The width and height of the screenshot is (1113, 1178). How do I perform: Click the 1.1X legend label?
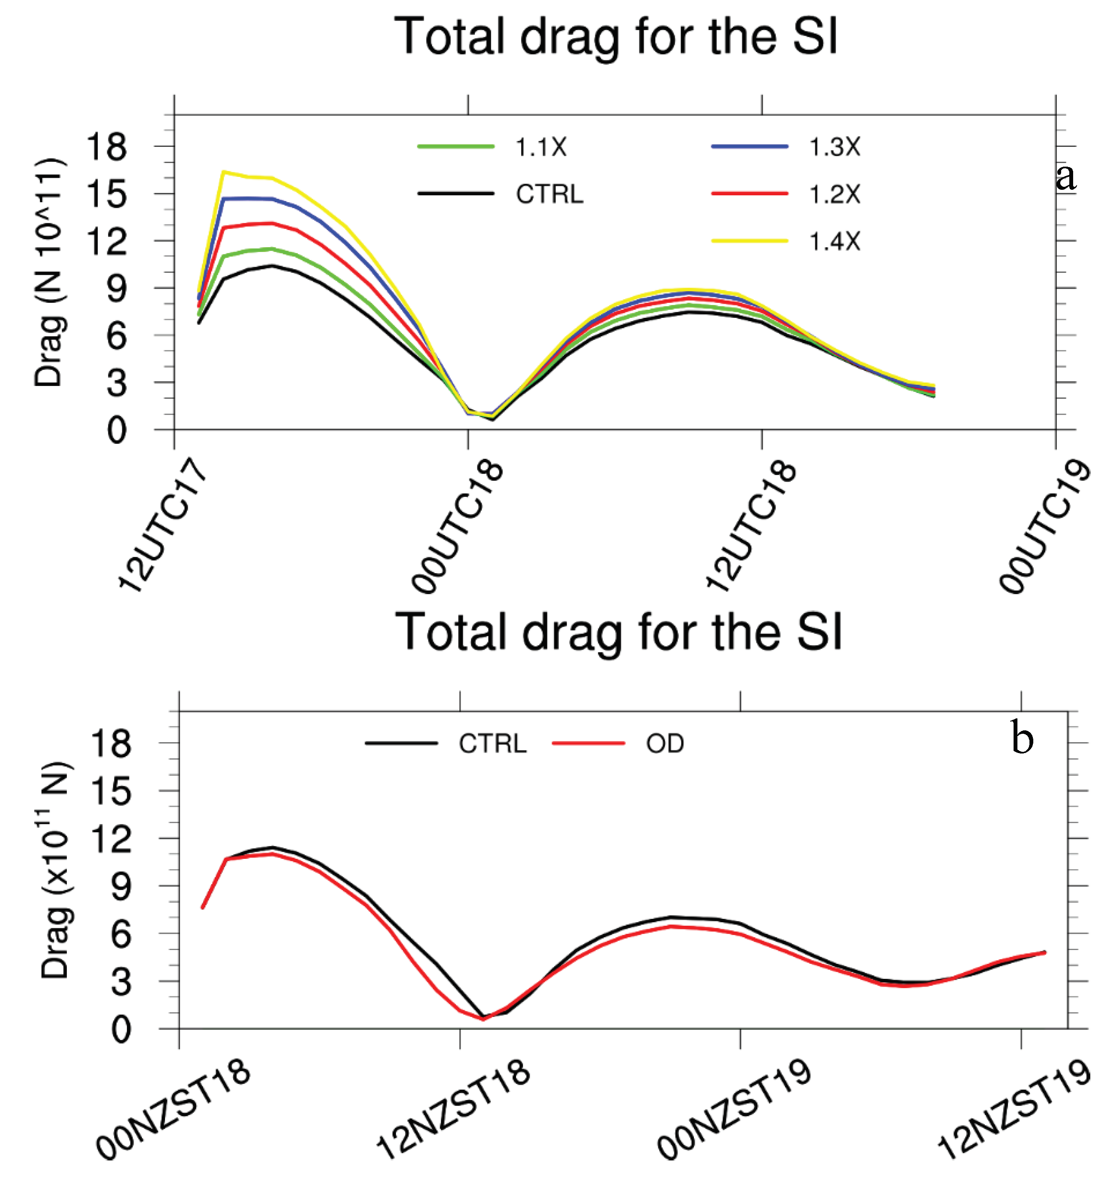coord(540,147)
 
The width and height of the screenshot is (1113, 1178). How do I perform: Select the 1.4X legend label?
coord(835,241)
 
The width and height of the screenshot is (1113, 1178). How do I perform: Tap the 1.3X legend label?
coord(835,147)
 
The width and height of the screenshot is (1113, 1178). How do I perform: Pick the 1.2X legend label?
coord(835,194)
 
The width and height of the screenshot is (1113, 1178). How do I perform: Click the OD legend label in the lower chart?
coord(665,744)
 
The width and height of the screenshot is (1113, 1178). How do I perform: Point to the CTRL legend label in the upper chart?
coord(549,194)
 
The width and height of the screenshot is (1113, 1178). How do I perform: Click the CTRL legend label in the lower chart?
coord(492,744)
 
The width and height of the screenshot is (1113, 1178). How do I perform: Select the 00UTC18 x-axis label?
coord(457,526)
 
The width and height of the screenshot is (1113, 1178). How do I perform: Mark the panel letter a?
coord(1065,176)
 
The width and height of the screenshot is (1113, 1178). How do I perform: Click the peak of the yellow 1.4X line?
coord(224,172)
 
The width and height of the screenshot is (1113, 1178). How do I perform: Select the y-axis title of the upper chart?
coord(49,273)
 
